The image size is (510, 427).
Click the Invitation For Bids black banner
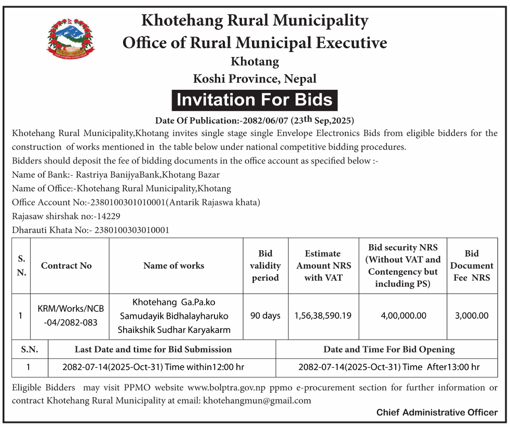tap(254, 99)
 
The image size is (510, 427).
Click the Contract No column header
tap(66, 265)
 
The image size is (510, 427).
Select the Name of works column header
tap(173, 265)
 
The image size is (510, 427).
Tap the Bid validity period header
tap(265, 265)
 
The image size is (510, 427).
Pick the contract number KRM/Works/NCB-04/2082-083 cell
tap(71, 315)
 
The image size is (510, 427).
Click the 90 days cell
tap(265, 315)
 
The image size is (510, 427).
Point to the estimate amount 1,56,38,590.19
tap(323, 315)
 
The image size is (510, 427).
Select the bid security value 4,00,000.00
tap(402, 315)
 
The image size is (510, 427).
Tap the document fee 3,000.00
tap(472, 315)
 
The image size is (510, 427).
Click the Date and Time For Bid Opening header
tap(389, 349)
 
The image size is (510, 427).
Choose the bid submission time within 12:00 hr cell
tap(153, 367)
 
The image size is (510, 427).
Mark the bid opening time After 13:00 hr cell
tap(389, 367)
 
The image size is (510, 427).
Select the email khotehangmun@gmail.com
tap(257, 401)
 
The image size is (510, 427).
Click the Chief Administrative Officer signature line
tap(437, 412)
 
